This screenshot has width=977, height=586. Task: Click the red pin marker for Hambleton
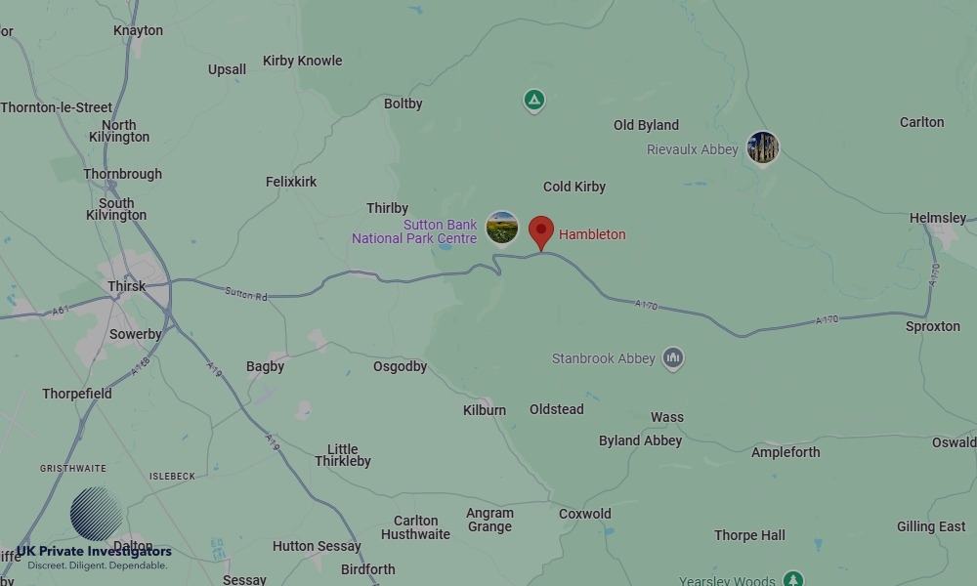point(541,232)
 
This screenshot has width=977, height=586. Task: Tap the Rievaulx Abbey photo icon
point(762,147)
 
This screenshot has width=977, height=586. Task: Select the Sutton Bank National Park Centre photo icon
point(501,227)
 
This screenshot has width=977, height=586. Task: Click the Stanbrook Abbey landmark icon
point(672,358)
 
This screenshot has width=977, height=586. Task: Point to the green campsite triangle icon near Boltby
point(533,100)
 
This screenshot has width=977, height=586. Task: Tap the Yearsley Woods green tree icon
point(793,579)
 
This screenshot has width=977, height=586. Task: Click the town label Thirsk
point(127,286)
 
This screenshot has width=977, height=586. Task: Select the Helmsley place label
point(938,218)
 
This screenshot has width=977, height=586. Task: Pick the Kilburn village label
point(485,410)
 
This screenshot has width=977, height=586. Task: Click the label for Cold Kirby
point(574,187)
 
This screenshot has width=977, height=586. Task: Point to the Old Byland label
point(646,125)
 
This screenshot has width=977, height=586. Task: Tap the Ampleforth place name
point(786,452)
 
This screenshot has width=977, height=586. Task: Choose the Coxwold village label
point(585,514)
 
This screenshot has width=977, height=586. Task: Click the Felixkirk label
point(291,182)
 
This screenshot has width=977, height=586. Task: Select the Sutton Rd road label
point(245,293)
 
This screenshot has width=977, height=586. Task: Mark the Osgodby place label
point(401,366)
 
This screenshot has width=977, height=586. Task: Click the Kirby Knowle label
point(303,61)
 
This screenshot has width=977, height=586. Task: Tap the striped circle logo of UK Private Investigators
point(96,514)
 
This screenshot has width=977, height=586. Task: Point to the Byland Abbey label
point(640,440)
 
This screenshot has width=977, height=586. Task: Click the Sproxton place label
point(933,326)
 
